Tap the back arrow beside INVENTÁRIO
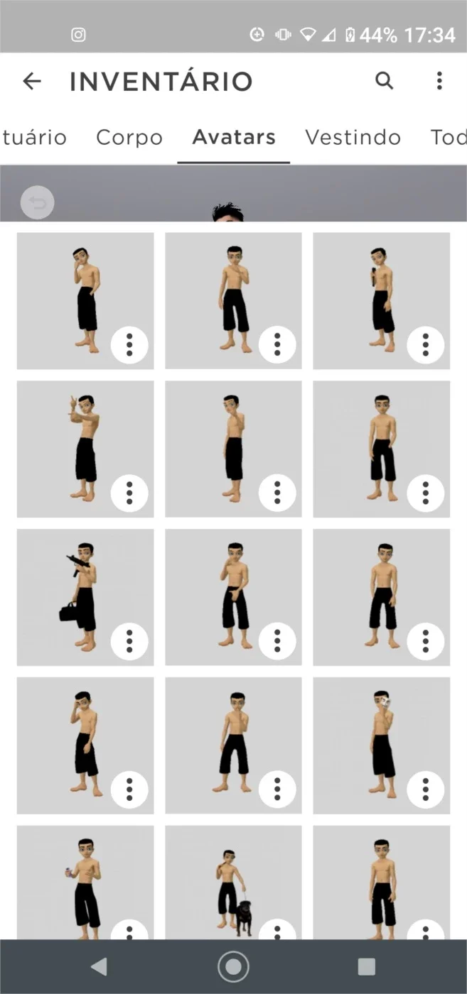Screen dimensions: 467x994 point(32,81)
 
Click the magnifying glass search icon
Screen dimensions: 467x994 point(385,81)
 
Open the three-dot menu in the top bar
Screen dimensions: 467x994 point(439,81)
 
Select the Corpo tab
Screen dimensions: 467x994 point(129,138)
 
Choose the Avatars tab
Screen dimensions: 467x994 point(234,136)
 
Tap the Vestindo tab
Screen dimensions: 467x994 point(353,137)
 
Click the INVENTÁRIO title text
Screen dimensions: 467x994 point(161,81)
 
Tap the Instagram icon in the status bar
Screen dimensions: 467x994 point(78,35)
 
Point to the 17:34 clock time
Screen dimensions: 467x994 point(430,35)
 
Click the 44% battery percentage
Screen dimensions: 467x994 point(378,35)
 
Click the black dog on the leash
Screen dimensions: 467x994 point(244,917)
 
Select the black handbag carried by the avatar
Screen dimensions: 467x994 point(68,612)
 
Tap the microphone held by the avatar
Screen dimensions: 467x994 point(374,277)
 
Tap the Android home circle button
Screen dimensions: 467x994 point(233,966)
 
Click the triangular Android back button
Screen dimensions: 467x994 point(99,966)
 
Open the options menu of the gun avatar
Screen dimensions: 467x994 point(129,641)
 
